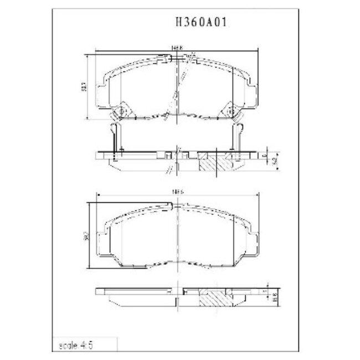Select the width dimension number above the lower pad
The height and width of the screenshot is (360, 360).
177,191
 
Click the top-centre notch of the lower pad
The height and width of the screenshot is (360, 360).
177,204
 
